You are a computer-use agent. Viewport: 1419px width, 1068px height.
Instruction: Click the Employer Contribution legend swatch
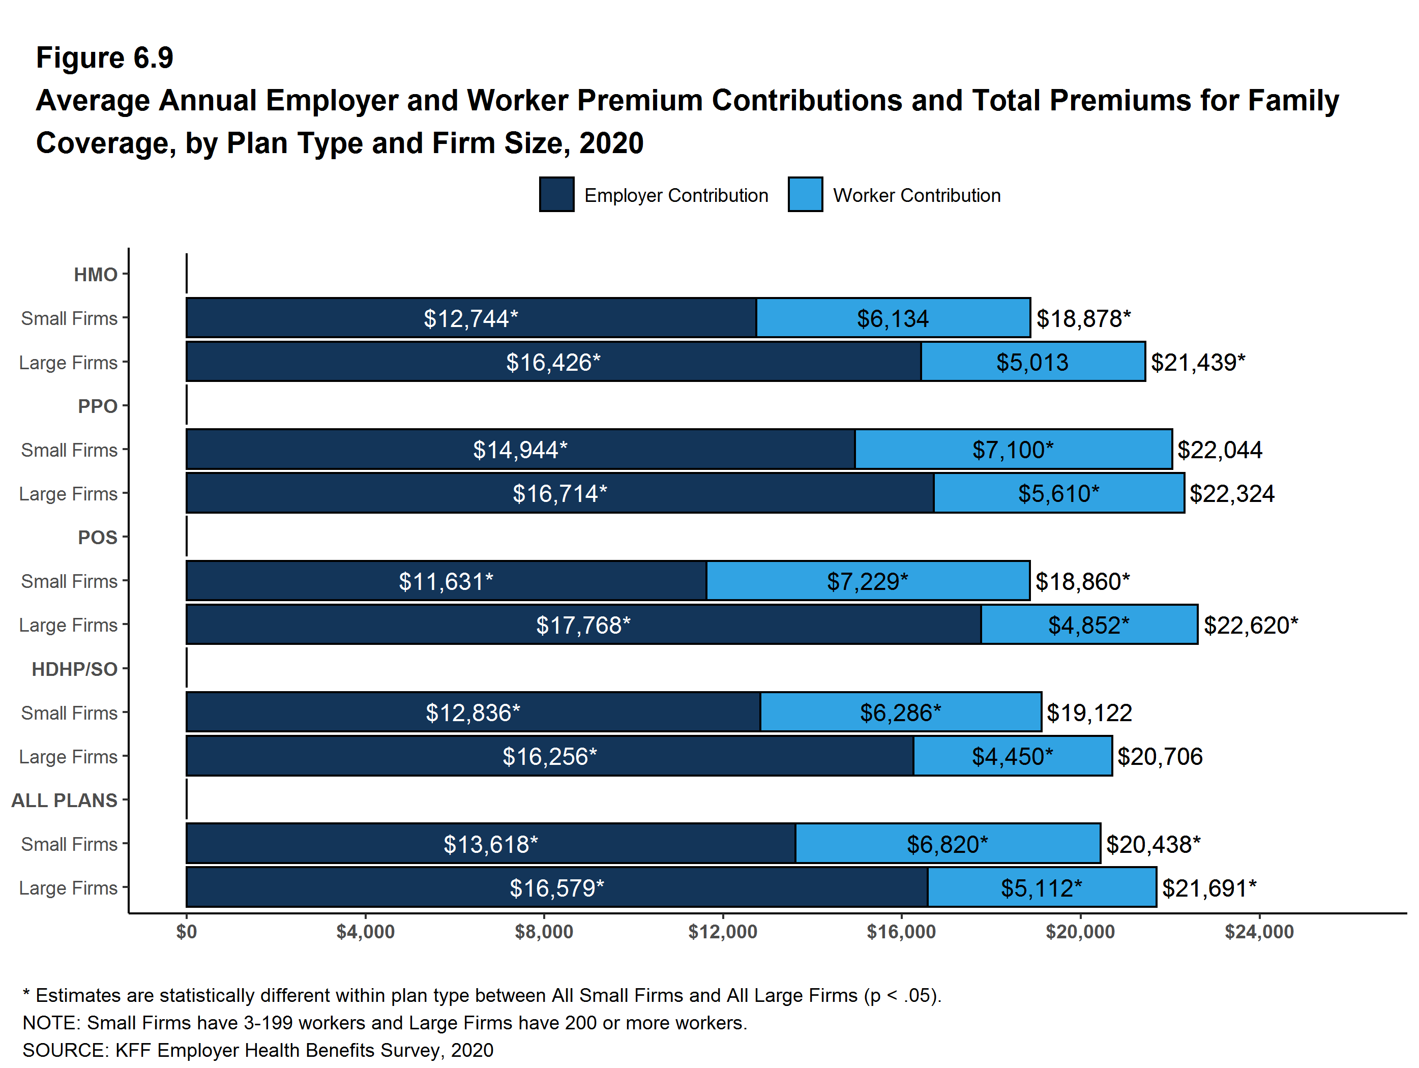click(x=556, y=194)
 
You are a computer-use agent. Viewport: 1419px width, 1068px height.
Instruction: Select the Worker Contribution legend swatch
click(x=805, y=194)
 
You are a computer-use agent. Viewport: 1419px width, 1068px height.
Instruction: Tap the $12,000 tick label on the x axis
click(x=722, y=931)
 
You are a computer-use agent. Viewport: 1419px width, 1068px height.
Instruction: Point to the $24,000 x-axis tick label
click(x=1259, y=931)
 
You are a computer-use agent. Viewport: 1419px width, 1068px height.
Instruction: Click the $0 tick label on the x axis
click(x=187, y=931)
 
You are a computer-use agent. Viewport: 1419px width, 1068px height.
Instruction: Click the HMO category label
click(x=96, y=275)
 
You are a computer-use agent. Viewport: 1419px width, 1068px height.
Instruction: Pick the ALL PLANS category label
click(x=64, y=800)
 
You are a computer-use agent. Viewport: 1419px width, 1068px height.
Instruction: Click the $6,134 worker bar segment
click(x=893, y=318)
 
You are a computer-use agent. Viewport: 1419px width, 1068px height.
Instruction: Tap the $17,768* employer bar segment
click(x=583, y=625)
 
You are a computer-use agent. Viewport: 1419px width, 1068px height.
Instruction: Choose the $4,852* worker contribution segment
click(x=1088, y=625)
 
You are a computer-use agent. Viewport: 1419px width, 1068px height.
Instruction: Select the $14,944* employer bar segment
click(x=520, y=450)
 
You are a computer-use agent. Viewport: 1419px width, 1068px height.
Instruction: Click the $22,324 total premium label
click(x=1232, y=494)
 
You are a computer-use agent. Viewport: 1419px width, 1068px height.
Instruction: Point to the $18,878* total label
click(x=1083, y=318)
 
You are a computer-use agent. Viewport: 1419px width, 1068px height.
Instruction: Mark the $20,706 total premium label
click(x=1160, y=757)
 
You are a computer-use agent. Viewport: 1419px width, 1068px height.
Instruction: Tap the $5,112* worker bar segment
click(x=1041, y=888)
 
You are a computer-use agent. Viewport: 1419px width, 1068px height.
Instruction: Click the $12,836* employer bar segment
click(x=473, y=713)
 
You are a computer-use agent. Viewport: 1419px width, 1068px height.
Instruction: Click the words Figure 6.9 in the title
click(x=105, y=58)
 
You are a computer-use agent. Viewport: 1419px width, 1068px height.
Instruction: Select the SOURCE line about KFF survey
click(x=258, y=1050)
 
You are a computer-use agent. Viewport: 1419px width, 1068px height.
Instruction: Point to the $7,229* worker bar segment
click(x=867, y=581)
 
